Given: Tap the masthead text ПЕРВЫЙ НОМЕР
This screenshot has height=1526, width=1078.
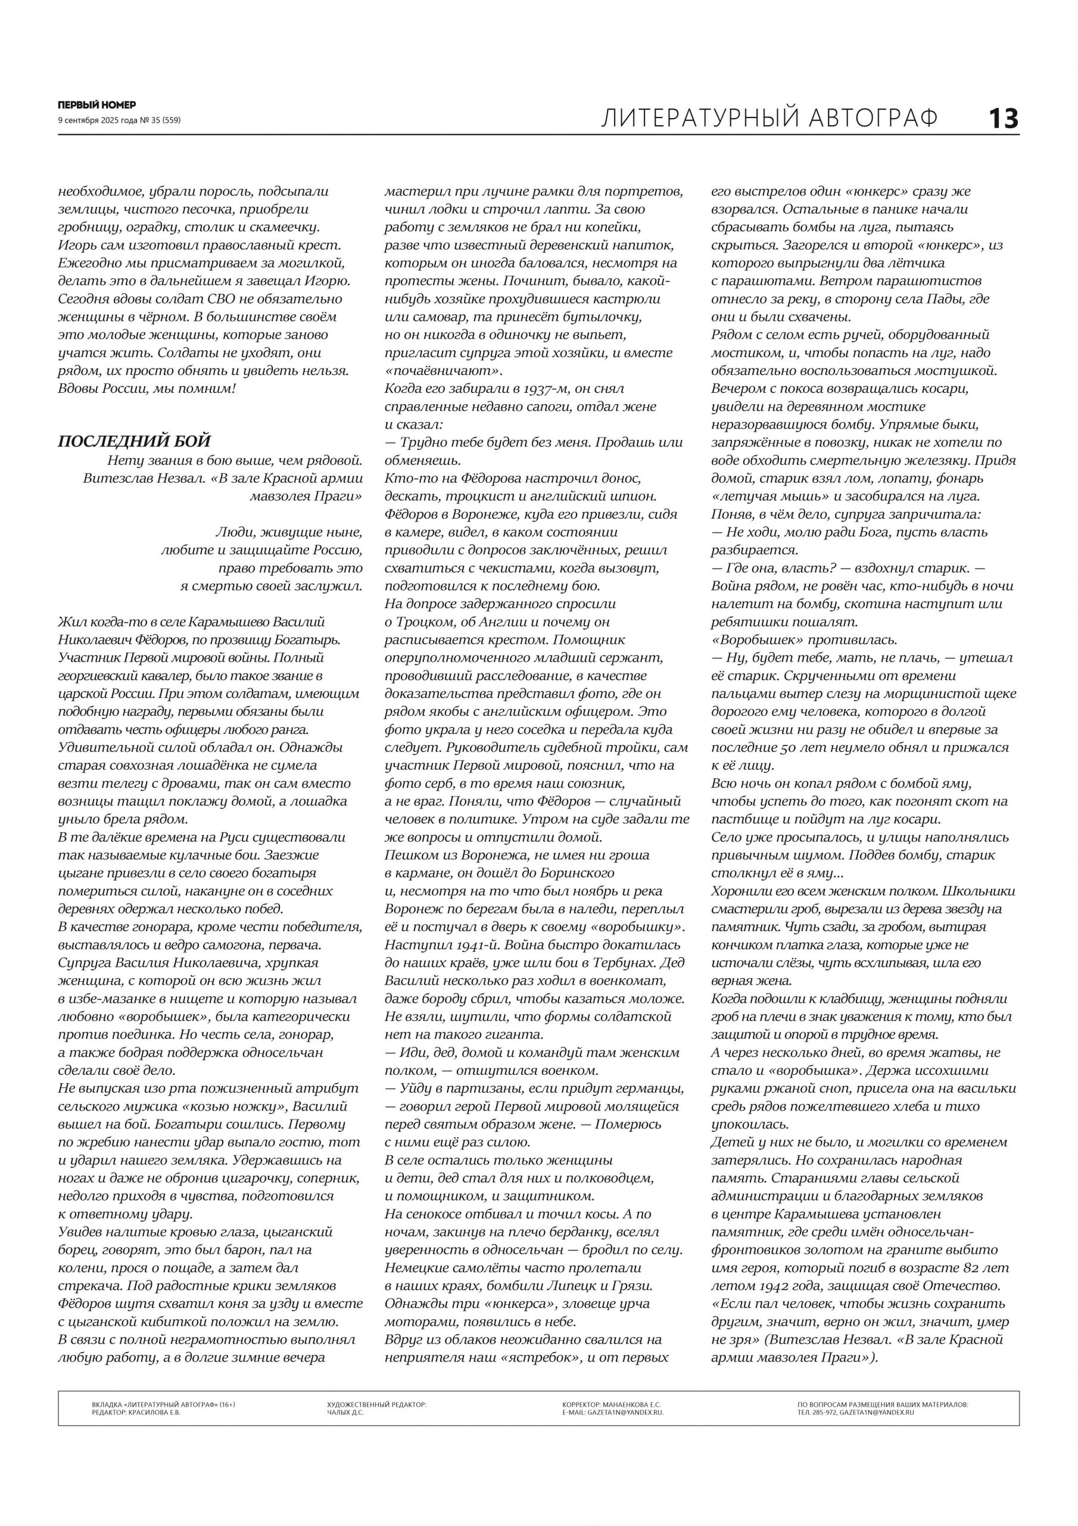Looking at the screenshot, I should pyautogui.click(x=97, y=105).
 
